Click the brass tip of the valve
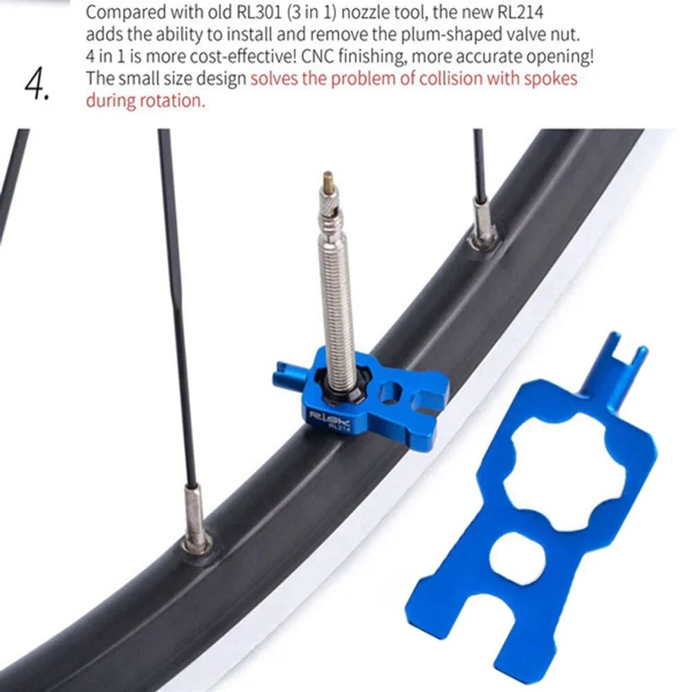point(327,182)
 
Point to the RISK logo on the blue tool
point(327,417)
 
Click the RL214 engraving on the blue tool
point(339,428)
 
